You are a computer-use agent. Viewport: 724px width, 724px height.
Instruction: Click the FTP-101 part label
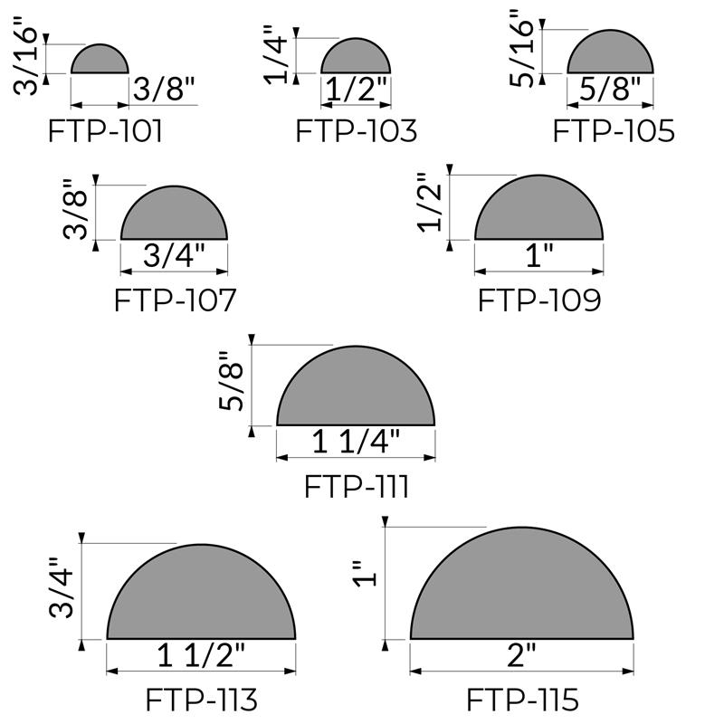(105, 131)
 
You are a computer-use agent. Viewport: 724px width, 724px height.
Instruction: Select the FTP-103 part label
(356, 130)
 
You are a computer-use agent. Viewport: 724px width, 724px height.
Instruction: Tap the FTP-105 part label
(614, 130)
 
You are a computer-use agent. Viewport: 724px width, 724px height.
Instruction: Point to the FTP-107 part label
(175, 300)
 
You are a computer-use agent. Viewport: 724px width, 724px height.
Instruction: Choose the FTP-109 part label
(539, 300)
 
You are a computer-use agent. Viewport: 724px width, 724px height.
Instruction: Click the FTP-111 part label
(357, 486)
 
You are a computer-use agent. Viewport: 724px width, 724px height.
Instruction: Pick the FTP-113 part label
(201, 700)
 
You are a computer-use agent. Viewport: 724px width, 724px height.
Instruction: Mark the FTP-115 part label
(522, 700)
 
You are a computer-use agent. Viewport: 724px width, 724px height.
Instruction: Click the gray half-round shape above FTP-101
(100, 60)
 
